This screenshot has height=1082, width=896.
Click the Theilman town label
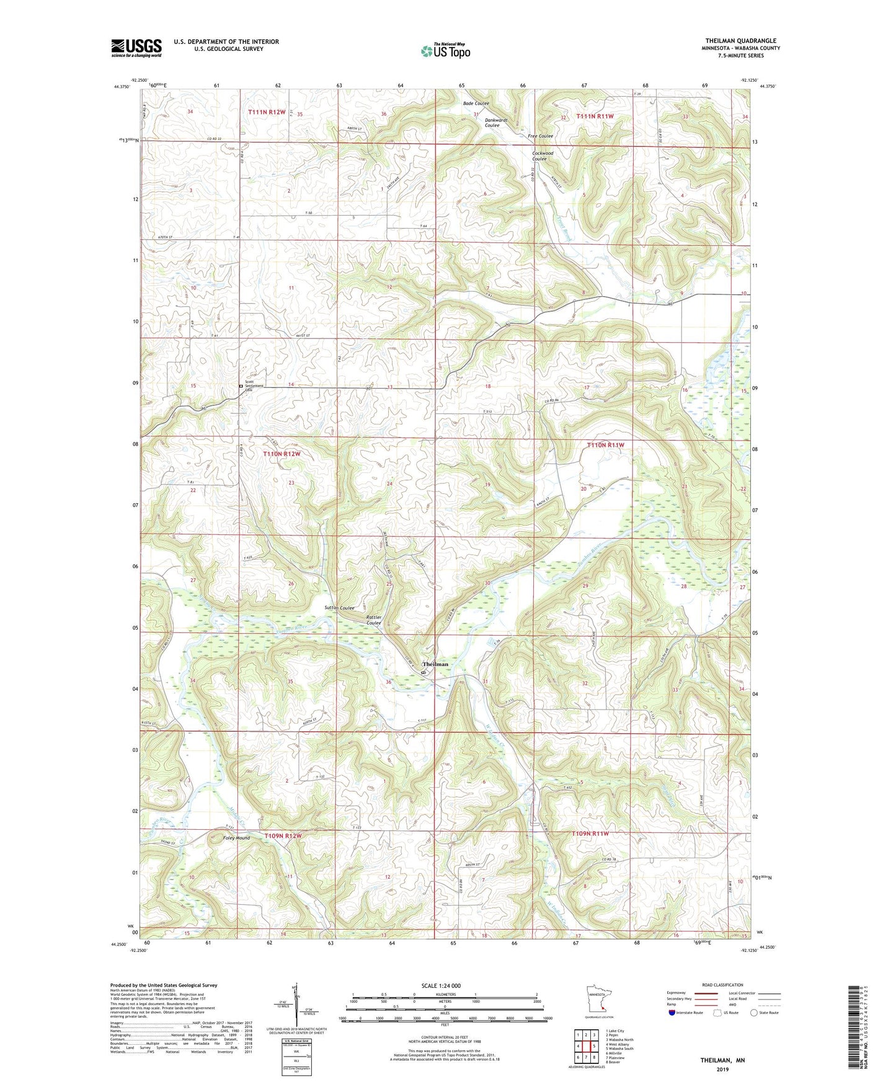coord(435,664)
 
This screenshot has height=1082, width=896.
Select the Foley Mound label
coord(236,838)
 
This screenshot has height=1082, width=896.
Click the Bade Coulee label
coord(476,103)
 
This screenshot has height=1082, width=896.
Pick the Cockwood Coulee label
coord(543,156)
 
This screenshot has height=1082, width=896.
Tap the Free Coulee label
coord(540,136)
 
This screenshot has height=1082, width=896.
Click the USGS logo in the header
coord(136,48)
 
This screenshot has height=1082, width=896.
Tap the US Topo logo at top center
coord(444,51)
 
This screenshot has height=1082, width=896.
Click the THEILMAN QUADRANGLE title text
coord(740,41)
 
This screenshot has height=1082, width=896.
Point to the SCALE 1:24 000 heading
coord(441,985)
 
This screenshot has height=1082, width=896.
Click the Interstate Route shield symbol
coord(673,1013)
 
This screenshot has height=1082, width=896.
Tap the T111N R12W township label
coord(267,112)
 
